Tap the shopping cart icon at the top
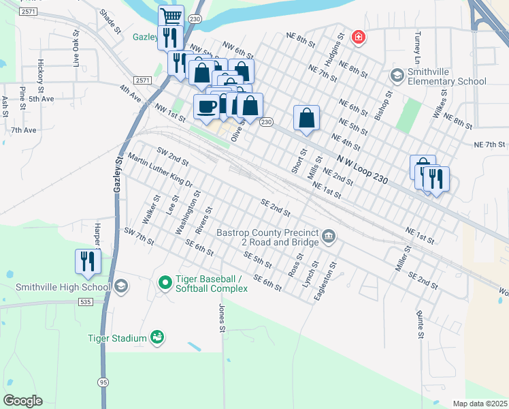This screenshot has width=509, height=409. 171,16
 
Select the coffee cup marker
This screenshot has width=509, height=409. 206,106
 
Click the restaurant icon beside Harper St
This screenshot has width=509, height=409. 88,262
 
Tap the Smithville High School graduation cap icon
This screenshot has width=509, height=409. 121,286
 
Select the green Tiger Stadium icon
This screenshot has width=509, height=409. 158,337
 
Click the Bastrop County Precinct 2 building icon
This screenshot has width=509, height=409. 329,237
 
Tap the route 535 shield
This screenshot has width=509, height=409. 85,301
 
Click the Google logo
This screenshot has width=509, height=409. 22,401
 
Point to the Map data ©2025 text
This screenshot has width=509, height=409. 480,404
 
